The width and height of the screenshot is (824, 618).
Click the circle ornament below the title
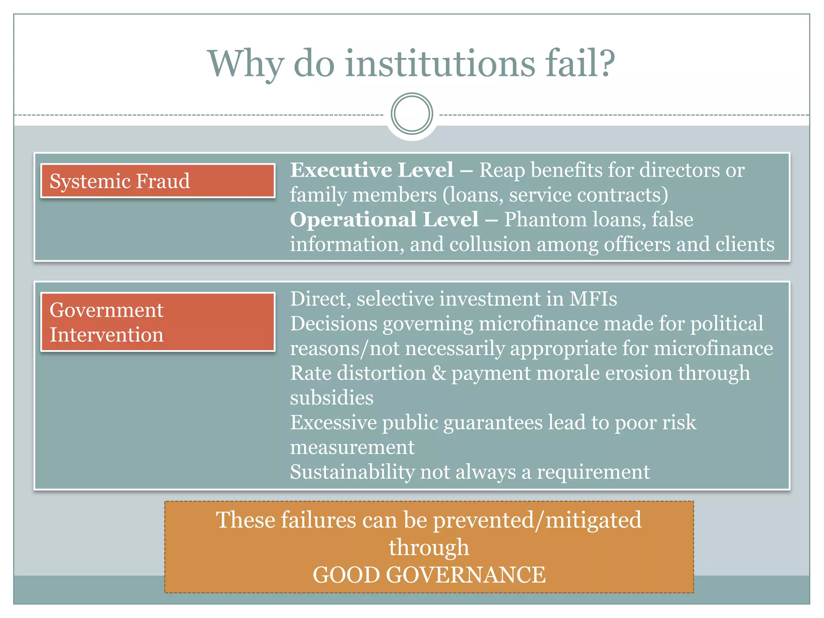pyautogui.click(x=412, y=114)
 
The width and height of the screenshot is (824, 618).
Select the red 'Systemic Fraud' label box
pyautogui.click(x=158, y=181)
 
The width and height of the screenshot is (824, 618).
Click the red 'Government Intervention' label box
pyautogui.click(x=158, y=322)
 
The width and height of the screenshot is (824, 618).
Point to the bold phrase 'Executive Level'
pyautogui.click(x=372, y=170)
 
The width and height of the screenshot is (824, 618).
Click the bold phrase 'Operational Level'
pyautogui.click(x=384, y=219)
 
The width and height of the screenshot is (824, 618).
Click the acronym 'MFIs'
pyautogui.click(x=593, y=299)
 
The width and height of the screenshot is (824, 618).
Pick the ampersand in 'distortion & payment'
pyautogui.click(x=439, y=373)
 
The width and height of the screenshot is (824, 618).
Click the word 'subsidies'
pyautogui.click(x=332, y=398)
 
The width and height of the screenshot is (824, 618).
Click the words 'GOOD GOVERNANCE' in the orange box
pyautogui.click(x=429, y=574)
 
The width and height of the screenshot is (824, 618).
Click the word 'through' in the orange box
pyautogui.click(x=429, y=547)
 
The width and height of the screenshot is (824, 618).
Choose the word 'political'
pyautogui.click(x=727, y=323)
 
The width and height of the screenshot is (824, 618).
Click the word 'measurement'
pyautogui.click(x=352, y=447)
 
